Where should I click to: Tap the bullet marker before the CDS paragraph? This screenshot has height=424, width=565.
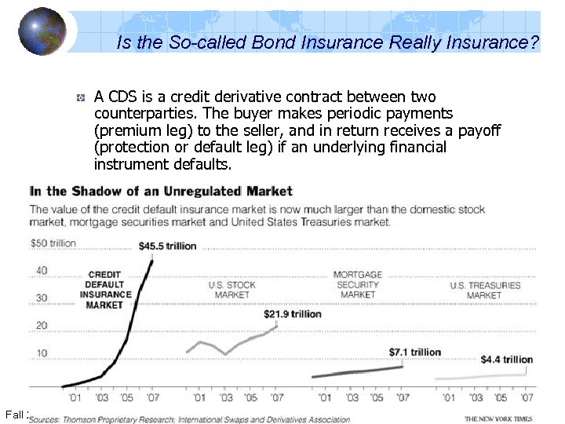pos(80,98)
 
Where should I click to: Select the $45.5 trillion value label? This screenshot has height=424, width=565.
pos(167,246)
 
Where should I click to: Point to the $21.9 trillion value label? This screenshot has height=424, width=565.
pos(292,314)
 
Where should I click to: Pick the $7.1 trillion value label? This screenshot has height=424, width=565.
pos(414,352)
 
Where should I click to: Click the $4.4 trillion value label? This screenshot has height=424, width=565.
pos(506,360)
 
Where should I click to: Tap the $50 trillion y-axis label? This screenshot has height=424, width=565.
pos(53,243)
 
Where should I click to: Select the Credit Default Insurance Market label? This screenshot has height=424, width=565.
pos(104,290)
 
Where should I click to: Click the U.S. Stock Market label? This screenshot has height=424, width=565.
pos(231,290)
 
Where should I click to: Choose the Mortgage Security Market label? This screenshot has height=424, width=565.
pos(358,284)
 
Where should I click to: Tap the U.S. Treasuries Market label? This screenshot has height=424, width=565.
pos(484,290)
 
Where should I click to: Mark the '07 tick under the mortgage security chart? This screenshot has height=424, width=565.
pos(402,397)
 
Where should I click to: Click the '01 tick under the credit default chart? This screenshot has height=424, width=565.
pos(75,397)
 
